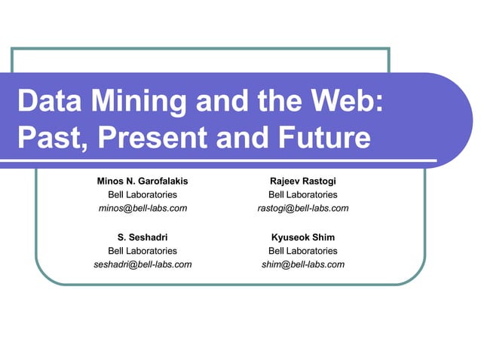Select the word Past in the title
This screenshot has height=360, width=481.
point(49,138)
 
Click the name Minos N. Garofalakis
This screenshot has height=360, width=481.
point(142,182)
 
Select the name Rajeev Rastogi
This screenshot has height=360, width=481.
point(302,182)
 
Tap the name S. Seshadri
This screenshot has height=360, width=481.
point(142,237)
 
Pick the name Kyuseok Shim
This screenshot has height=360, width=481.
point(302,237)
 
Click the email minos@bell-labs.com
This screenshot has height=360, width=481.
point(142,208)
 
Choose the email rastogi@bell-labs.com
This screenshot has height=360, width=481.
point(302,208)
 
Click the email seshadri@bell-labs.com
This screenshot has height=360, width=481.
point(142,264)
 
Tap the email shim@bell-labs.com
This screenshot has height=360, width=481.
point(302,264)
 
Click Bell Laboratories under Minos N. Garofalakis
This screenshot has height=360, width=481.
point(142,194)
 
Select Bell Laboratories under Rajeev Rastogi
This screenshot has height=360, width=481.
point(302,194)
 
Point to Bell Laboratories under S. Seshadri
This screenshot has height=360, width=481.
point(142,251)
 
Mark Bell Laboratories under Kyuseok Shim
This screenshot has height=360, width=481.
point(302,251)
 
